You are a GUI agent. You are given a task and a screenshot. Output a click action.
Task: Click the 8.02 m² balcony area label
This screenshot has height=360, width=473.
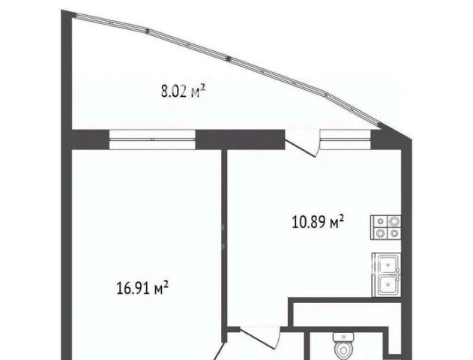tap(184, 91)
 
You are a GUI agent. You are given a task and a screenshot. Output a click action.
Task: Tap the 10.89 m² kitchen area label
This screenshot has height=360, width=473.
tap(318, 222)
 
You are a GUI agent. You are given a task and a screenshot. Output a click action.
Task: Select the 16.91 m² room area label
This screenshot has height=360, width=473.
tap(142, 289)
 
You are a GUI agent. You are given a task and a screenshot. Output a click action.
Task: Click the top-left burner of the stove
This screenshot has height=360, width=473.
tap(380, 222)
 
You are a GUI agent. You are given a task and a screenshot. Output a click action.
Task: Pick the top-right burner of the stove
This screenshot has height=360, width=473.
tap(394, 222)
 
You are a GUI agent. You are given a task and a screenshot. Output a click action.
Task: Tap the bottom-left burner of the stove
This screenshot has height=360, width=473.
tap(380, 233)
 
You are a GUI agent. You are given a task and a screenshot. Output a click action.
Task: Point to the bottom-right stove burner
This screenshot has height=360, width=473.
tap(394, 233)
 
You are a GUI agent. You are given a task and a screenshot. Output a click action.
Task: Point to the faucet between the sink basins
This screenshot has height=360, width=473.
tap(398, 274)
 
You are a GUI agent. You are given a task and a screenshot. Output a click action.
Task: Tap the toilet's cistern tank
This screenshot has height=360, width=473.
tap(343, 337)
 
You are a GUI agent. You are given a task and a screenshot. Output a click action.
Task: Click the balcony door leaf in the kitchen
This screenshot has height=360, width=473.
tap(301, 148)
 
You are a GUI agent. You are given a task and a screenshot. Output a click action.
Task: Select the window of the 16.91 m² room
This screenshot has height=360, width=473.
tap(152, 139)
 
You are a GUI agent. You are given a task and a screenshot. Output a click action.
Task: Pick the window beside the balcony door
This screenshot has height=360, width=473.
tap(346, 139)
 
